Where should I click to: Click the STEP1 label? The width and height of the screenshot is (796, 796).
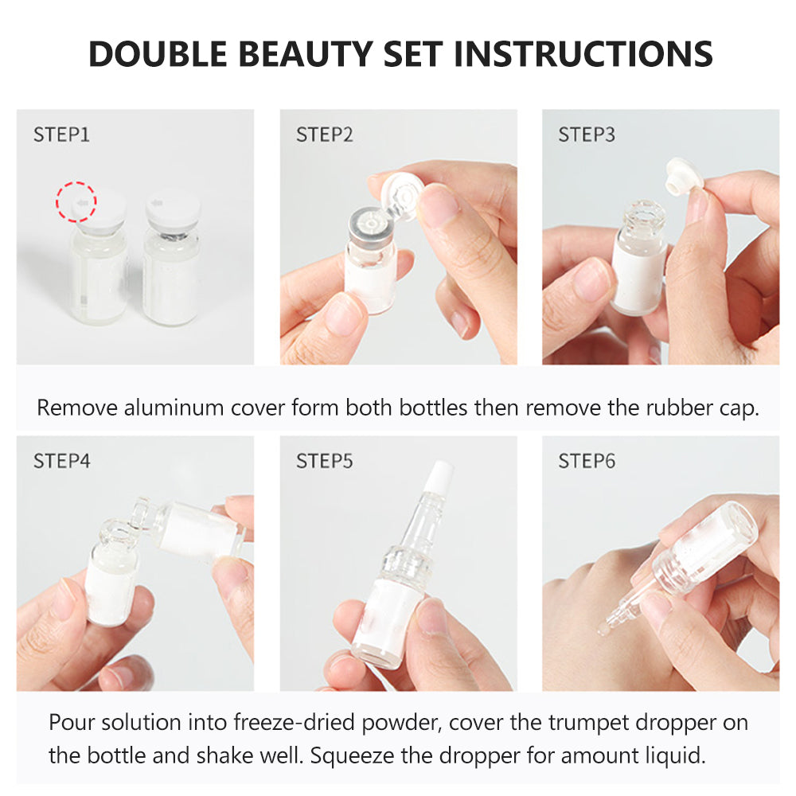pos(61,135)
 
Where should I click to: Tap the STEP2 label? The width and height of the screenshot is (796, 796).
pos(325,135)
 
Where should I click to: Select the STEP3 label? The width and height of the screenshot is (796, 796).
pos(587,135)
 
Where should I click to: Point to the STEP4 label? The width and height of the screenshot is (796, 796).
pos(61,462)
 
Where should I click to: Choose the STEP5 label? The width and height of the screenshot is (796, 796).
pos(325,462)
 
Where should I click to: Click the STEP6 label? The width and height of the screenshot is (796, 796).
pos(587,462)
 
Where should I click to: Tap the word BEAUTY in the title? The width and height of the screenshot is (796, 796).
pos(306,54)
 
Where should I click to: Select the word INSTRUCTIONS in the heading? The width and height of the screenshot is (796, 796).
pos(583,54)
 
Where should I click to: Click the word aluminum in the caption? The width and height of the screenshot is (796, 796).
pos(174,408)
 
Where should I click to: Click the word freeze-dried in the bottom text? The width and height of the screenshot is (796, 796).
pos(294,723)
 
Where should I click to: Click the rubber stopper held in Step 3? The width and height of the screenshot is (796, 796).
pos(685,177)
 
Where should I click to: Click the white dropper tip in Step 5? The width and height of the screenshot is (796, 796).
pos(438,477)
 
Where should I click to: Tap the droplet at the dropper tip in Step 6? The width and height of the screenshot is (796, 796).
pos(603,630)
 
